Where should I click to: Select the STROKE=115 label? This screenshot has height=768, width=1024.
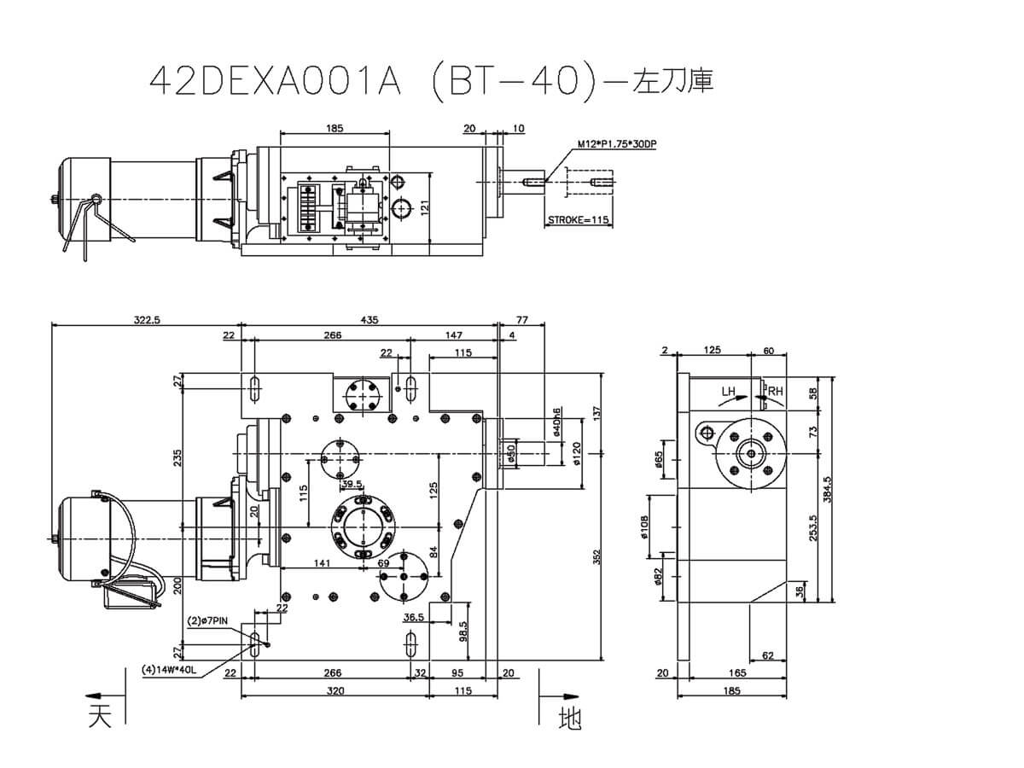(578, 219)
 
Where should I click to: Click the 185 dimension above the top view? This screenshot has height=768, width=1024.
(335, 128)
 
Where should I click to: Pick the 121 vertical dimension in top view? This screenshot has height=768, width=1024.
(424, 207)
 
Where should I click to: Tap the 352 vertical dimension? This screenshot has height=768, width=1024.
(597, 559)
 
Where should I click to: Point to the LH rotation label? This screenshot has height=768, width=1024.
(728, 392)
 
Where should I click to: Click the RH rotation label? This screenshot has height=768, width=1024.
(774, 392)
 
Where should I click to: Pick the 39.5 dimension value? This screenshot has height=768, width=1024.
(352, 484)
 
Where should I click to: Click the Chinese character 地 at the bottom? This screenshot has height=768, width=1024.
(569, 719)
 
